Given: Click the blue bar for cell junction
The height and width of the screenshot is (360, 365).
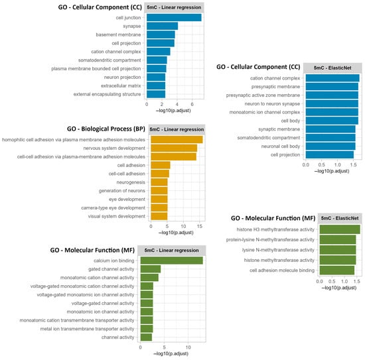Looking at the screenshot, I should click(174, 17).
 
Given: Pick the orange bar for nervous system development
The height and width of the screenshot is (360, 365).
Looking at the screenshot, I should click(174, 148).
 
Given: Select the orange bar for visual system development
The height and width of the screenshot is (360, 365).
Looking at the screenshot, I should click(159, 215).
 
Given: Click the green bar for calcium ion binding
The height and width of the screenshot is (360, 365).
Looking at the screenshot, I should click(171, 261).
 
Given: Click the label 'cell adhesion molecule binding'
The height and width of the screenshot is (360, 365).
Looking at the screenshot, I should click(277, 270).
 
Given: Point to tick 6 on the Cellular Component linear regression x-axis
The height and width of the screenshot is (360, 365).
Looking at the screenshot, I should click(192, 105).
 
